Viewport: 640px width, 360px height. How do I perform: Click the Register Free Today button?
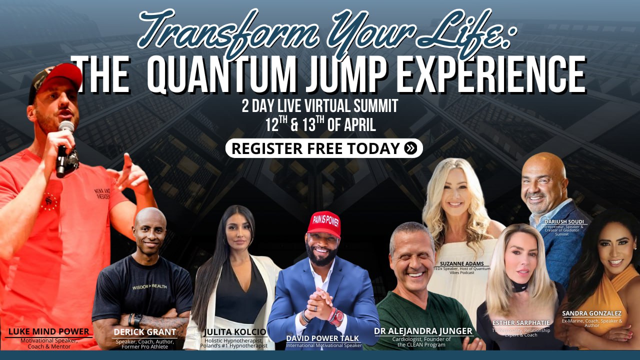[323, 148]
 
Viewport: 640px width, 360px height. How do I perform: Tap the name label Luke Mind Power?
[48, 331]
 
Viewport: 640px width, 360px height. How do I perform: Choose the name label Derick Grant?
[144, 332]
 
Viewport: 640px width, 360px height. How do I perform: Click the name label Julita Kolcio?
[235, 332]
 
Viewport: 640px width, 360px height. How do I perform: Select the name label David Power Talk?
[322, 338]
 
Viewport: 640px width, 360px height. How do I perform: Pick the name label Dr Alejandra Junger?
[423, 331]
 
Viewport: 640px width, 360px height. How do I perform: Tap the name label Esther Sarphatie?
[521, 322]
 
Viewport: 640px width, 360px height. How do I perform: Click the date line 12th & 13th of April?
[320, 124]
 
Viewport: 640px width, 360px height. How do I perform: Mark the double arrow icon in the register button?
[410, 148]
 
